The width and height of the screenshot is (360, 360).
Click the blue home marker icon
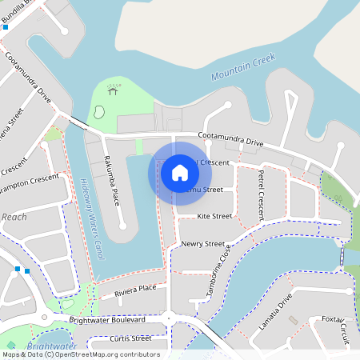click(x=179, y=172)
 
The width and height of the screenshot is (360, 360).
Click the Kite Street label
click(x=214, y=216)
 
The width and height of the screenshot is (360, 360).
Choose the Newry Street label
click(x=202, y=243)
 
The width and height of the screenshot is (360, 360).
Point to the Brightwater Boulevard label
click(x=106, y=319)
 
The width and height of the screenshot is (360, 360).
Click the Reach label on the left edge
click(x=14, y=217)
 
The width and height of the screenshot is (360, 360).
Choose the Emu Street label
click(x=205, y=190)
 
